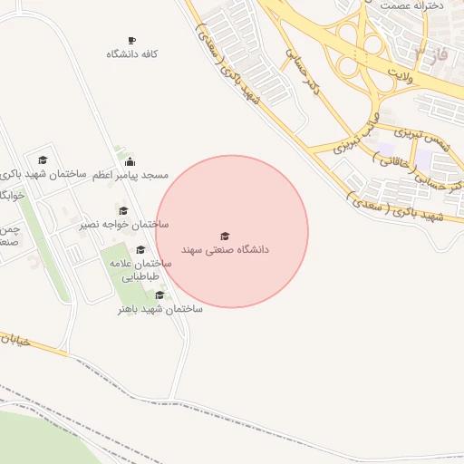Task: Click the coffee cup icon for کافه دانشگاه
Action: [132, 41]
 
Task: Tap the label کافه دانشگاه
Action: [132, 54]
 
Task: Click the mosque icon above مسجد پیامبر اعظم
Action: [130, 161]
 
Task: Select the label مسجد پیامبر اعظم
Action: [130, 174]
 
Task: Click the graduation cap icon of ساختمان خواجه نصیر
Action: [123, 211]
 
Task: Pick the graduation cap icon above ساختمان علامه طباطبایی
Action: [140, 250]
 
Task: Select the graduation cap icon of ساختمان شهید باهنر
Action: [160, 295]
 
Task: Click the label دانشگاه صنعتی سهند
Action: [226, 248]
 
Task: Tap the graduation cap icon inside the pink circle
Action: [226, 236]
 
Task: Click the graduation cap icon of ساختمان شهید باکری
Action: [43, 160]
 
